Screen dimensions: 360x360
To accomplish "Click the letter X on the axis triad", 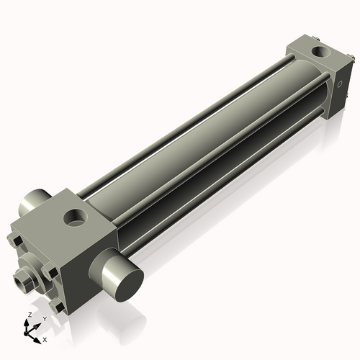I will point(45,338).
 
